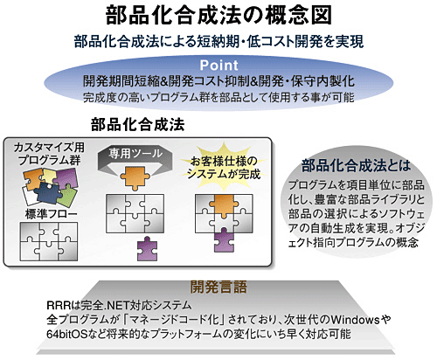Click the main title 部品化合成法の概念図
[x=218, y=15]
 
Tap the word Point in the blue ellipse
[x=218, y=66]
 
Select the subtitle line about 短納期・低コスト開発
[x=218, y=41]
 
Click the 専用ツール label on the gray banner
[x=135, y=153]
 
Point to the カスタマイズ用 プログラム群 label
[x=49, y=154]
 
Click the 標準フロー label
[x=52, y=214]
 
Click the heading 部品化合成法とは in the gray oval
[x=356, y=165]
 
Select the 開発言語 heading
[x=218, y=287]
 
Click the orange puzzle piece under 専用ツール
[x=135, y=177]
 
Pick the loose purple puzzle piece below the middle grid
[x=148, y=248]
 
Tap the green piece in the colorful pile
[x=67, y=197]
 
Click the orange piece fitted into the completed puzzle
[x=224, y=205]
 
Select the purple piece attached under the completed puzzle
[x=224, y=240]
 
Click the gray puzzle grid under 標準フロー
[x=49, y=241]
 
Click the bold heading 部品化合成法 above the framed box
[x=138, y=125]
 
